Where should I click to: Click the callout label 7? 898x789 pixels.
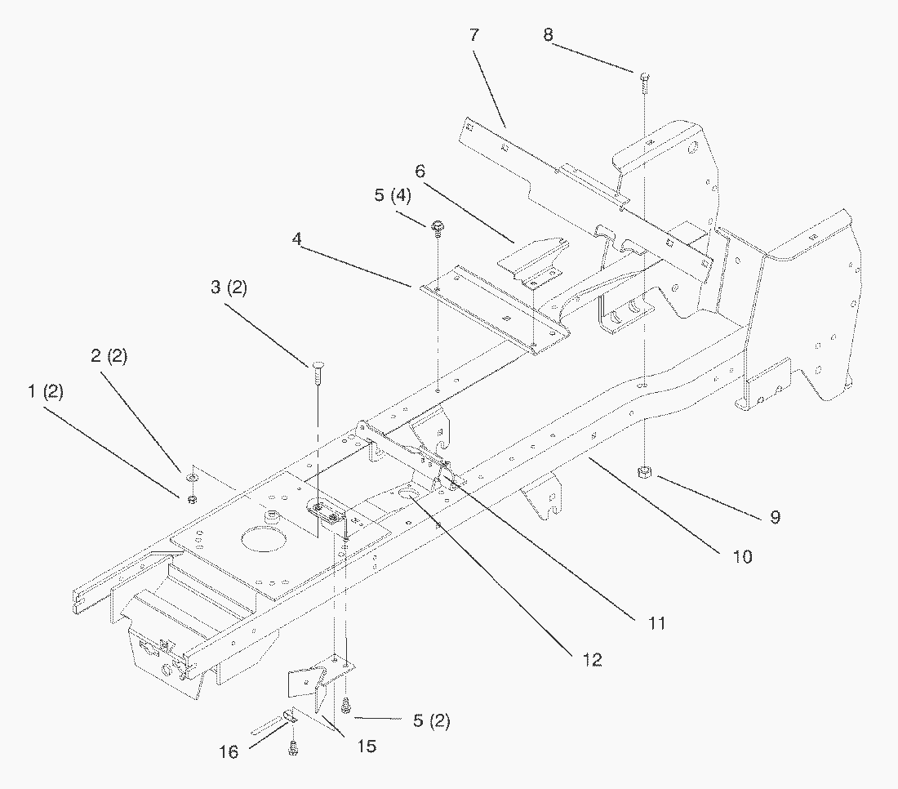pos(474,36)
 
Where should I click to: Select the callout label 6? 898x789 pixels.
pos(420,172)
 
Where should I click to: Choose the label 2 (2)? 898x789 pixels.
pos(109,356)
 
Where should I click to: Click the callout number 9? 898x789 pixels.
pos(775,516)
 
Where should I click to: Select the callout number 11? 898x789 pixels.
pos(657,623)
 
